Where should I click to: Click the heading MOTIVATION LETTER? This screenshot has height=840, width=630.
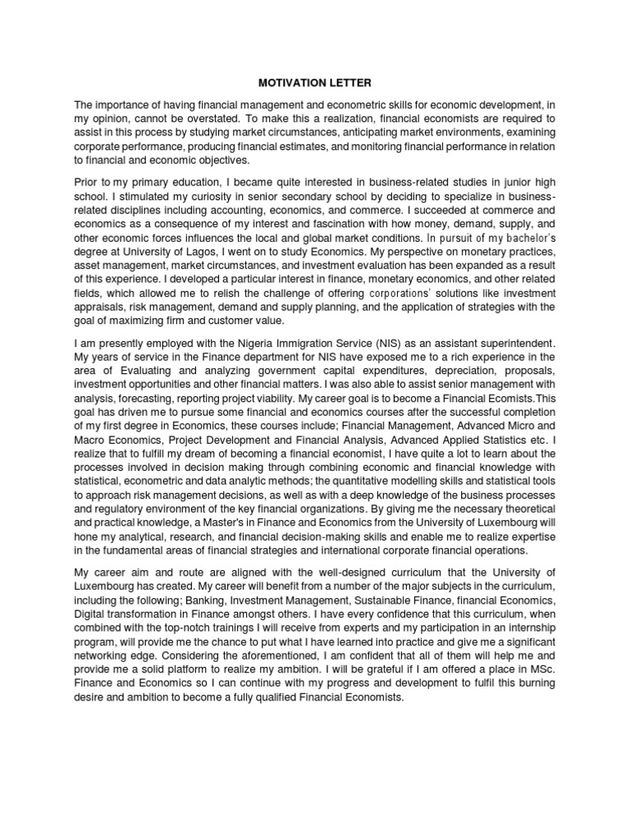tap(314, 82)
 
